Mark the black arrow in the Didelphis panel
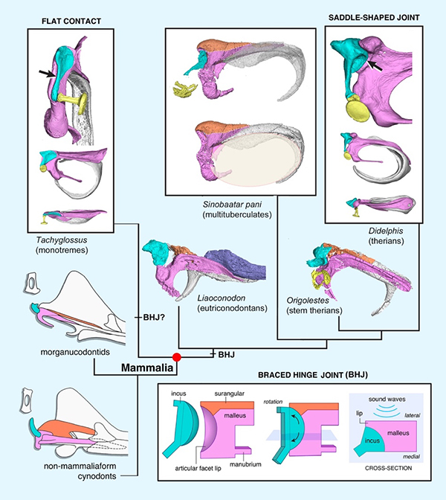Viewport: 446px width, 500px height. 372,64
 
